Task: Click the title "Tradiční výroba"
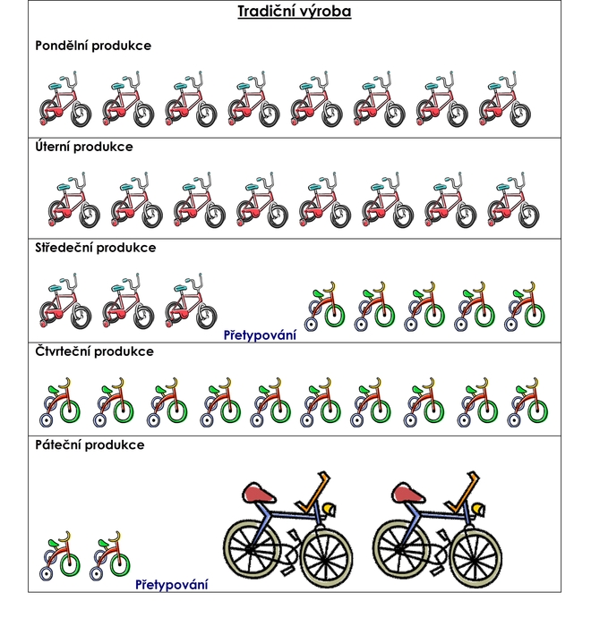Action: [x=295, y=11]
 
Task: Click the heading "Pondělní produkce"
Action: [x=93, y=46]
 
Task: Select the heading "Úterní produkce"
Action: [x=84, y=147]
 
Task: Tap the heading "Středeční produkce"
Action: [x=96, y=248]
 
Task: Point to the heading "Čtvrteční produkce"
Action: [x=94, y=351]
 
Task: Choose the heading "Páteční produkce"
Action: [x=90, y=444]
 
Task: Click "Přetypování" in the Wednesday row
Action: [x=260, y=335]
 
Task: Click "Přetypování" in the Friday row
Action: [x=172, y=585]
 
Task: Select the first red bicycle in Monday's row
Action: [x=65, y=99]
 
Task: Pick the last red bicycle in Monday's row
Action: [x=505, y=99]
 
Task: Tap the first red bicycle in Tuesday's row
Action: [x=74, y=200]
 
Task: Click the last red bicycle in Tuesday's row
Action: [x=513, y=200]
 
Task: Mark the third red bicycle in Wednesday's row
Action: [x=191, y=301]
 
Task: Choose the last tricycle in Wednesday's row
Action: [x=525, y=307]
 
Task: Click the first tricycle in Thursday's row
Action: [x=60, y=402]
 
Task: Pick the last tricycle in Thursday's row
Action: [x=527, y=402]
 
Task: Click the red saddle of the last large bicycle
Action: [x=407, y=493]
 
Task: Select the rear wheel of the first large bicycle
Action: [x=252, y=548]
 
